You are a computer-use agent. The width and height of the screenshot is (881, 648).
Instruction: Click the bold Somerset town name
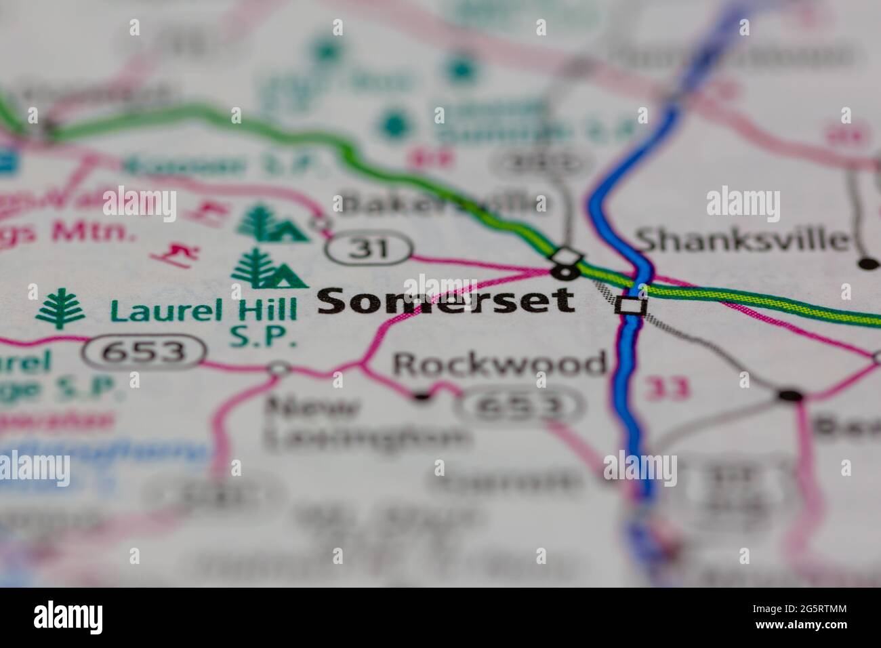(x=445, y=302)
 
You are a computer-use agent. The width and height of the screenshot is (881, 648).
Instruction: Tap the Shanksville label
(x=741, y=240)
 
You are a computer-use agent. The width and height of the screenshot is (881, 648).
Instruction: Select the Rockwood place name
(x=499, y=365)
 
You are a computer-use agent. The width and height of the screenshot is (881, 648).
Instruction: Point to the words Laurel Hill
(x=203, y=311)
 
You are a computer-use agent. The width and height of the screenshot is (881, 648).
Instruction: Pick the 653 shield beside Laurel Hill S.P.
(x=144, y=352)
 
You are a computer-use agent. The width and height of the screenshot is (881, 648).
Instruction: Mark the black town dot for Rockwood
(x=422, y=395)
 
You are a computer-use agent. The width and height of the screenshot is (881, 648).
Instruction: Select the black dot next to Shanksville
(x=867, y=263)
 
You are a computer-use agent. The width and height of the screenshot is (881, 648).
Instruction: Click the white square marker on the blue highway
(x=630, y=306)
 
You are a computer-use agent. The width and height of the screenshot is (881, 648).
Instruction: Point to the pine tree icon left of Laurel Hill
(x=61, y=309)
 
